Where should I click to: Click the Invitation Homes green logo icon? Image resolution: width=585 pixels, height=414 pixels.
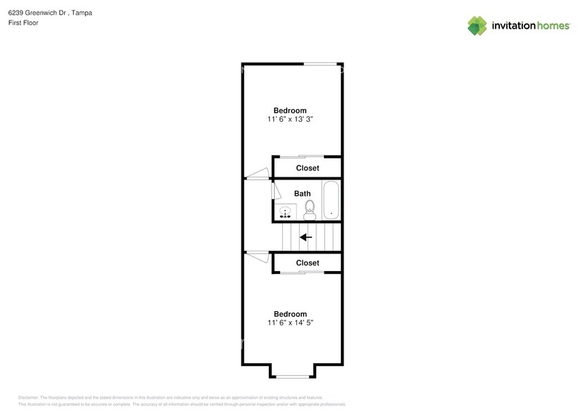pyautogui.click(x=477, y=25)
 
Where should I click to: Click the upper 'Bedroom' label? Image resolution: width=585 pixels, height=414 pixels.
pyautogui.click(x=290, y=110)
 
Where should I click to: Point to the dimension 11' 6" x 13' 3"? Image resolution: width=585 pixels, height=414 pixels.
pyautogui.click(x=290, y=120)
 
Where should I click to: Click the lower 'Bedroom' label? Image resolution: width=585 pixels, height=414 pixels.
pyautogui.click(x=290, y=314)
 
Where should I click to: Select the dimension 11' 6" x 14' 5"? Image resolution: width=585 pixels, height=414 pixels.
pyautogui.click(x=290, y=323)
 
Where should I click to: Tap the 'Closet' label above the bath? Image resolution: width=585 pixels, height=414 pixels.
pyautogui.click(x=307, y=168)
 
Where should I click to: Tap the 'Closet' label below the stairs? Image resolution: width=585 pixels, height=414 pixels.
pyautogui.click(x=307, y=263)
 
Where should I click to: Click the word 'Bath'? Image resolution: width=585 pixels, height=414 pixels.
pyautogui.click(x=302, y=194)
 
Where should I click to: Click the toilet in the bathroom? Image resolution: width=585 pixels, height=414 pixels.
pyautogui.click(x=310, y=209)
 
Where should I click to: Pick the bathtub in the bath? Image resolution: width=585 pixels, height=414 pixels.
pyautogui.click(x=331, y=201)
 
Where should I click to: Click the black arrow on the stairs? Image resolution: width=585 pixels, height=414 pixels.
pyautogui.click(x=306, y=237)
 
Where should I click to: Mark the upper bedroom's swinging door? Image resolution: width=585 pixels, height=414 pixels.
pyautogui.click(x=258, y=173)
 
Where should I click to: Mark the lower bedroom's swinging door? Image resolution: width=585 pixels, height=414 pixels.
pyautogui.click(x=258, y=256)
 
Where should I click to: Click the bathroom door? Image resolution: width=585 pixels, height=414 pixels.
pyautogui.click(x=276, y=192)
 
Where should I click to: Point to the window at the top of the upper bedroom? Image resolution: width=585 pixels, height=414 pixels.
pyautogui.click(x=320, y=65)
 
